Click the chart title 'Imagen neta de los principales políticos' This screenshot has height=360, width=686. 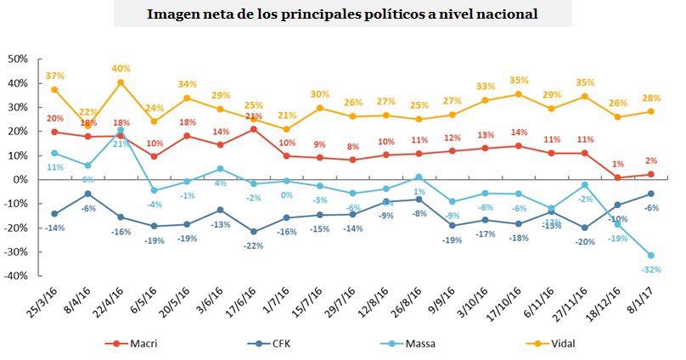click(x=342, y=14)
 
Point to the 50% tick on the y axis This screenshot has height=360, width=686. click(x=18, y=59)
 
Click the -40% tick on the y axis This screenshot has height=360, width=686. click(x=16, y=277)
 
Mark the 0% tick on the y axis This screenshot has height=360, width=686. click(x=21, y=180)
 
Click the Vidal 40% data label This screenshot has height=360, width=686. click(x=121, y=69)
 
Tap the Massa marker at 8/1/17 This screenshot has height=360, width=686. click(x=650, y=256)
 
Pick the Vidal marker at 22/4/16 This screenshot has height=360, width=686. click(x=121, y=82)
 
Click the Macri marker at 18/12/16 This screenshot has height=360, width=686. click(x=617, y=177)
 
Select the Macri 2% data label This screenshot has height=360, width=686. click(x=651, y=161)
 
